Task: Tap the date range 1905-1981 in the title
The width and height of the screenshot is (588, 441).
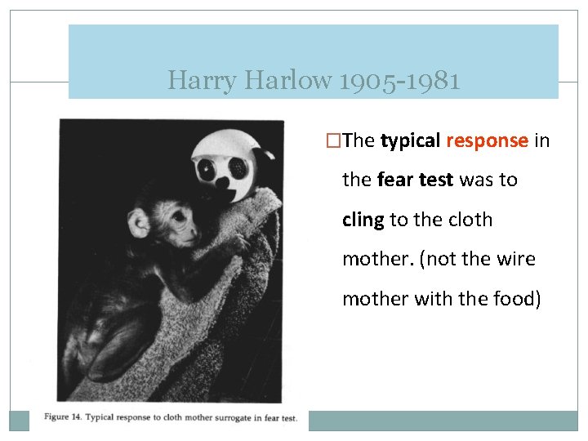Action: [x=397, y=81]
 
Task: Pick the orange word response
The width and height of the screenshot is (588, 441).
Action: [x=488, y=140]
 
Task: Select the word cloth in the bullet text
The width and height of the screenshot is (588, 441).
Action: [x=467, y=220]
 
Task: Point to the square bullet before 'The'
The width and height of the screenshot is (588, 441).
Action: [x=331, y=141]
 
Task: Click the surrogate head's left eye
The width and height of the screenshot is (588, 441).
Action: [x=207, y=171]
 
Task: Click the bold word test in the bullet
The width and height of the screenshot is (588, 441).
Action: [x=437, y=180]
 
